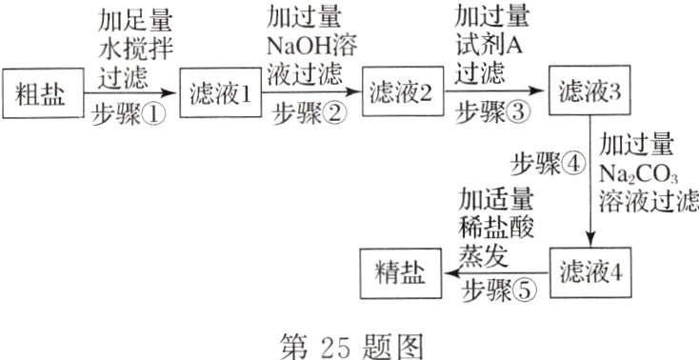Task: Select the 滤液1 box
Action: (x=220, y=93)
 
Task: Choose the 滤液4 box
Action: (x=591, y=270)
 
